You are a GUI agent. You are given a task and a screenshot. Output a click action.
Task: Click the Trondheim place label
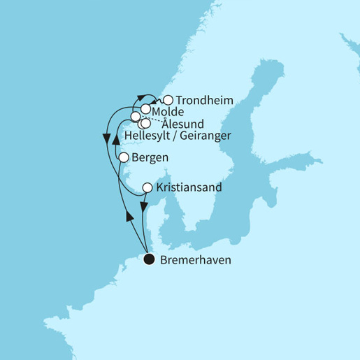coord(204,100)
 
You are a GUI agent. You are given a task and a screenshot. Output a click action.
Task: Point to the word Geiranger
coord(207,135)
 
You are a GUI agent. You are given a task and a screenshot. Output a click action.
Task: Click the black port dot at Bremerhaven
coord(148,260)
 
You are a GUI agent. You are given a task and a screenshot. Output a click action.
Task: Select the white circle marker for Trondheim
coord(168,100)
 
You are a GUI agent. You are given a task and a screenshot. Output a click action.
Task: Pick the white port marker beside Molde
coord(145,109)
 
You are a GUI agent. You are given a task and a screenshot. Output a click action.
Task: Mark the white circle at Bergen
coord(123,158)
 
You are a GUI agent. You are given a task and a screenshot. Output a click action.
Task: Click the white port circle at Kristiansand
coord(147,188)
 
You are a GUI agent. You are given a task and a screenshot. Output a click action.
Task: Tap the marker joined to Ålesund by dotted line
coord(136,116)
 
